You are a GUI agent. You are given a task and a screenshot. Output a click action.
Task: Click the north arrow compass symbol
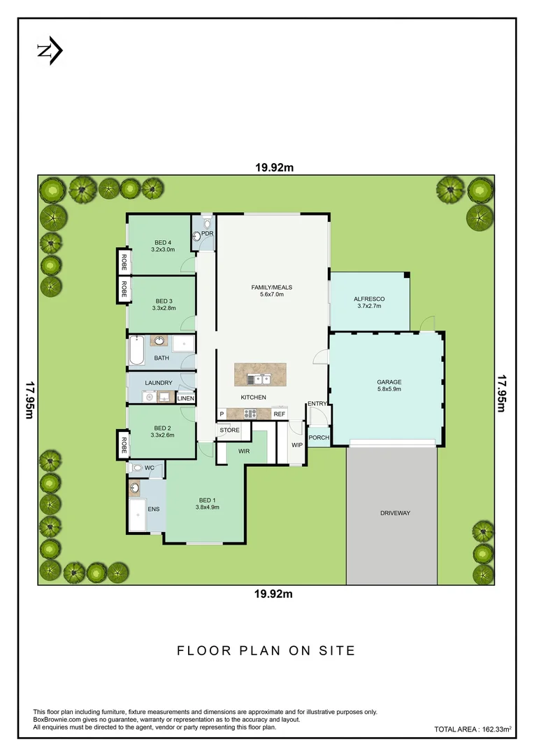coord(50,50)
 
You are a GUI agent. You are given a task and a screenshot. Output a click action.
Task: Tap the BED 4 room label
coord(161,246)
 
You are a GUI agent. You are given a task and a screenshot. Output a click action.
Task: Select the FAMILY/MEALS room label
coord(272,290)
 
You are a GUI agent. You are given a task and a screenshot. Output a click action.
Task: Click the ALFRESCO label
coord(369,302)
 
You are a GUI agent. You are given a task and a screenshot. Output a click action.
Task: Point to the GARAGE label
coord(389,386)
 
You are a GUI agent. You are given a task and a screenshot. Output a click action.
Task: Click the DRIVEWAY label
coord(395,513)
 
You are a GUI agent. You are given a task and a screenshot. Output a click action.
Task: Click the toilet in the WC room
coord(137,468)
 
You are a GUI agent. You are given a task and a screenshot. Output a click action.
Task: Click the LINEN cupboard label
coord(185,398)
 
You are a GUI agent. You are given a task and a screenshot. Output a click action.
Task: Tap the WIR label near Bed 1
coord(244,451)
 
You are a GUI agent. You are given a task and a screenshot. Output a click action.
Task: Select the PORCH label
coord(319,438)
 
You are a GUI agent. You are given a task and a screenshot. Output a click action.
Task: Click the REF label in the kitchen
coord(279,414)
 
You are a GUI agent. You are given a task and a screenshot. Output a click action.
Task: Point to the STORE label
coord(230,430)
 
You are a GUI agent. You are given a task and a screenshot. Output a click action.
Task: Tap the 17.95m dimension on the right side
coord(501,394)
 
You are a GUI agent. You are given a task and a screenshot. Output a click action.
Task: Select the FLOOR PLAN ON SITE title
coord(266,650)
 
